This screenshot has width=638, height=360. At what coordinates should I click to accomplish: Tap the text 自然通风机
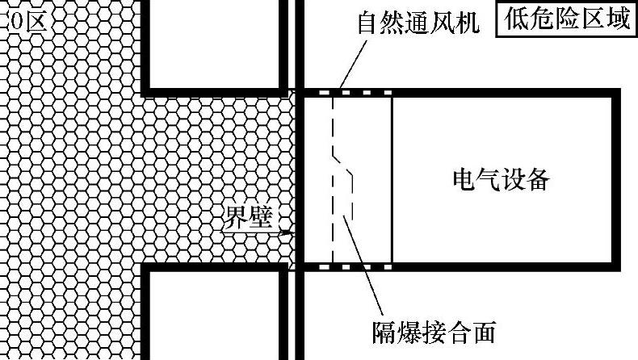click(x=418, y=22)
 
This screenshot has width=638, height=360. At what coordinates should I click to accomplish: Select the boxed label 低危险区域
click(x=566, y=19)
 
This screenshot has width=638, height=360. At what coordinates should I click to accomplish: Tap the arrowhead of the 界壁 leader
click(x=290, y=233)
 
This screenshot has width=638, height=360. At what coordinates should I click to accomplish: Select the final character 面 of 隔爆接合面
click(x=482, y=330)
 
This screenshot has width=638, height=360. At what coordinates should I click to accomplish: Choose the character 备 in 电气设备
click(x=537, y=179)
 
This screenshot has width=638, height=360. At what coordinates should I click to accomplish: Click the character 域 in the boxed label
click(x=616, y=19)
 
